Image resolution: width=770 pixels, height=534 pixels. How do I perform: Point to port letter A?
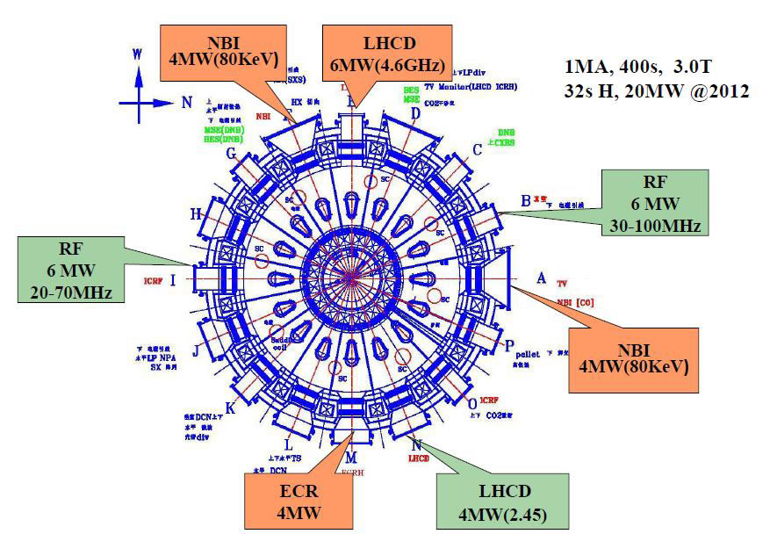pos(542,278)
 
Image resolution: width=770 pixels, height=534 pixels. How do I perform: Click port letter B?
pos(525,200)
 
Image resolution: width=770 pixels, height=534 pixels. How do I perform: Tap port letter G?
pos(232,155)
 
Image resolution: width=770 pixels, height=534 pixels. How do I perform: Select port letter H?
pos(196,213)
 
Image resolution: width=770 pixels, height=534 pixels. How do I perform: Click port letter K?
pos(230,408)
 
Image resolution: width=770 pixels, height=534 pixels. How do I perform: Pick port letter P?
pos(508,346)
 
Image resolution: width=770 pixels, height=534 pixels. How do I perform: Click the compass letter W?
pos(137,54)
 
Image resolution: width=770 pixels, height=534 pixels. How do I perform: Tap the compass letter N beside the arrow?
pos(186,102)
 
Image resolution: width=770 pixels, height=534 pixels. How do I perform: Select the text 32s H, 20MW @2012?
pos(656,90)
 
